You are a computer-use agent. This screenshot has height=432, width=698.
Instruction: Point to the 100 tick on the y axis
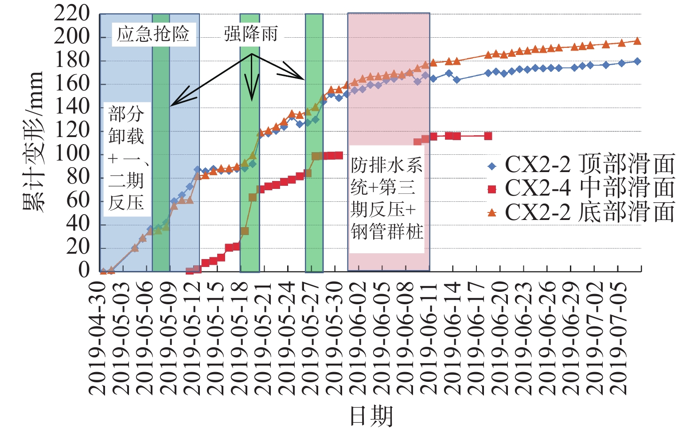72,153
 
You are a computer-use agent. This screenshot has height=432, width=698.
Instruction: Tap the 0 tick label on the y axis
84,270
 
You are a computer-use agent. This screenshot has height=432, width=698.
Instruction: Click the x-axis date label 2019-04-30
97,338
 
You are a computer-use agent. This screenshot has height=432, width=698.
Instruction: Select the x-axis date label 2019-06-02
357,338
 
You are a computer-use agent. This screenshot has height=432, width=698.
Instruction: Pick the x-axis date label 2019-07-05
618,338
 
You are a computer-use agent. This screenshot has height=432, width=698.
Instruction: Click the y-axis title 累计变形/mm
33,141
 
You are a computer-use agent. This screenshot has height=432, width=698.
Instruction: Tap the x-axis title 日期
371,416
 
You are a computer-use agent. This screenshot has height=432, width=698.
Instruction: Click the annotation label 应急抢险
153,34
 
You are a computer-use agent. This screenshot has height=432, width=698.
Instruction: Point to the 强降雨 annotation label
251,34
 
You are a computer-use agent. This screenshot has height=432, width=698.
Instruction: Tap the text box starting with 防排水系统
387,198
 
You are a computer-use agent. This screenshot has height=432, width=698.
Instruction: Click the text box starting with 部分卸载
127,158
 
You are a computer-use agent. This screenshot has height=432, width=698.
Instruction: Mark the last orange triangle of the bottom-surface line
637,41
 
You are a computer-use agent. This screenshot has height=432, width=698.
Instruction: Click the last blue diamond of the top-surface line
637,61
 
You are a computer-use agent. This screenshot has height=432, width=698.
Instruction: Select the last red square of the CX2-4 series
488,136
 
